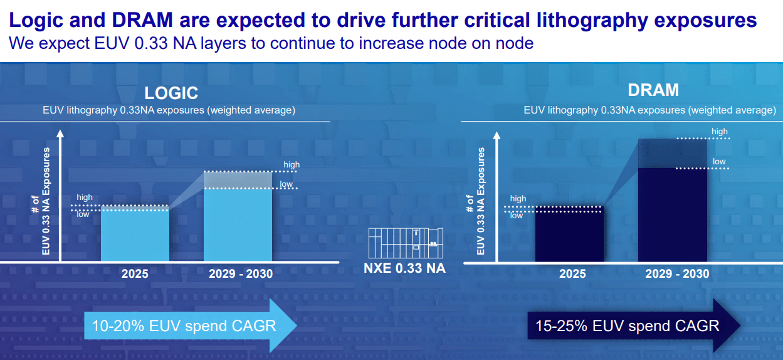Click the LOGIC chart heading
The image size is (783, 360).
click(x=171, y=93)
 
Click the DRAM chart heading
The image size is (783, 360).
click(x=653, y=90)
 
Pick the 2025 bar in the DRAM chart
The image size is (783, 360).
click(x=569, y=235)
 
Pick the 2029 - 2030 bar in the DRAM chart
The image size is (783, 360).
click(x=672, y=213)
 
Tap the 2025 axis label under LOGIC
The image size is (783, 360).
click(x=135, y=274)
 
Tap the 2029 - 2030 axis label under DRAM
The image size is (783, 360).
click(x=677, y=274)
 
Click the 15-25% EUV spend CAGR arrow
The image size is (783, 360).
click(x=633, y=326)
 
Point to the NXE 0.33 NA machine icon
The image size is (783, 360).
click(x=406, y=243)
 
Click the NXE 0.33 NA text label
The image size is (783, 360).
click(x=405, y=269)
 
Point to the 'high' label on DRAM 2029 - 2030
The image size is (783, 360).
click(x=720, y=132)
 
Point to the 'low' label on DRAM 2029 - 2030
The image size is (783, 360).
click(x=719, y=162)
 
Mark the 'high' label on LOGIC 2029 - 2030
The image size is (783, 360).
click(x=292, y=165)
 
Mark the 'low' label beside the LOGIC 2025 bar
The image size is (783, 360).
click(x=83, y=214)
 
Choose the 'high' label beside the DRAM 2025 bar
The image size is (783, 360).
click(x=518, y=199)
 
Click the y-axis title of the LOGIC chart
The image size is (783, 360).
click(x=41, y=201)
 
